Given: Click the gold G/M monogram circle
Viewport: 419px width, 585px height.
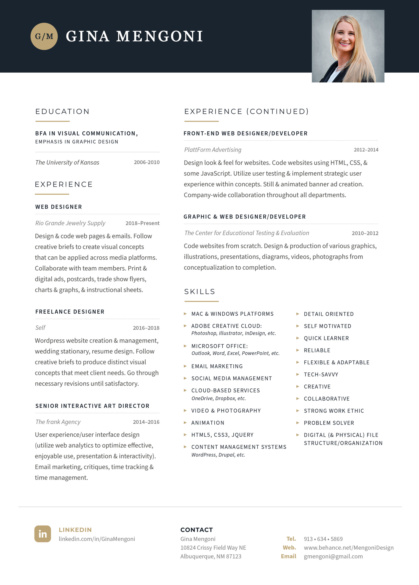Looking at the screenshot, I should pos(44,36).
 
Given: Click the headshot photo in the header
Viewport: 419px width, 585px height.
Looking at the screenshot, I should pos(348,46).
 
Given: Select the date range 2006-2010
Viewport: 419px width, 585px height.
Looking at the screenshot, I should pos(147,162).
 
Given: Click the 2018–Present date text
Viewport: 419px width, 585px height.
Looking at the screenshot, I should pos(142,223).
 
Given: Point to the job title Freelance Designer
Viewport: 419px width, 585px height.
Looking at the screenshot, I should pos(70,312).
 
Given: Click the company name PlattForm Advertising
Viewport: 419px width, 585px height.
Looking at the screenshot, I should pos(213,150).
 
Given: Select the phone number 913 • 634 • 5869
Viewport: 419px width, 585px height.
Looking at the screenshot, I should pos(323,539).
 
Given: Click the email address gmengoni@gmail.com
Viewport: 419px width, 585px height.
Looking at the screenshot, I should pos(333,556).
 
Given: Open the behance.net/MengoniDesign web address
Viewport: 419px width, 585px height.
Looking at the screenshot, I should pos(349,548).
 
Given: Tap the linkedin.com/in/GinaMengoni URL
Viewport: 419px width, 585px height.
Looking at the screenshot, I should pos(97,539).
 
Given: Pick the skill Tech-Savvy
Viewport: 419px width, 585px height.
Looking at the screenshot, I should pos(321,375).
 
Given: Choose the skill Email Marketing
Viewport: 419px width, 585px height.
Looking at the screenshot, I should pos(217,366).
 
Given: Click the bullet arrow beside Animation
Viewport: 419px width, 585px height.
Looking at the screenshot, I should pos(185,423).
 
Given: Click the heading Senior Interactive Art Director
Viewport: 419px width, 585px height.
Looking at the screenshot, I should pos(92,406).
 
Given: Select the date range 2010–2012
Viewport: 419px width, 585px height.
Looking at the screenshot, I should pos(365,233).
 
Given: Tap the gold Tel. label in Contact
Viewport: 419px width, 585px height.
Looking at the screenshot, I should pos(291,539).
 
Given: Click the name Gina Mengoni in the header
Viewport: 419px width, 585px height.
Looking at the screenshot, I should pos(134,36).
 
